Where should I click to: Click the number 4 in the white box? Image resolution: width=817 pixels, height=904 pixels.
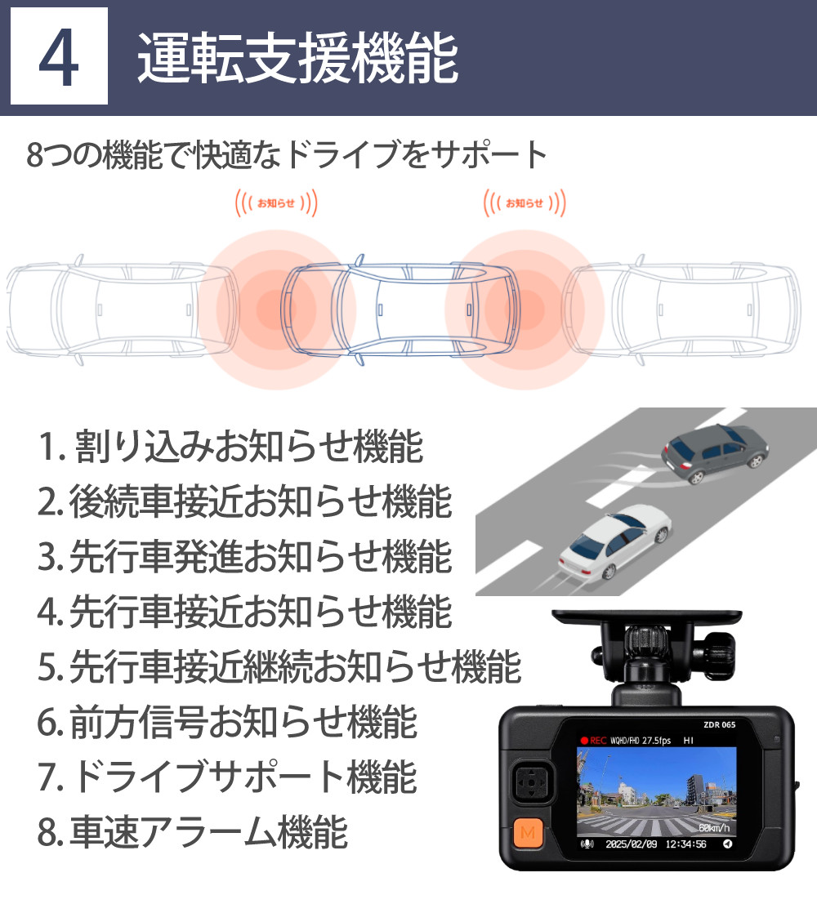(59, 57)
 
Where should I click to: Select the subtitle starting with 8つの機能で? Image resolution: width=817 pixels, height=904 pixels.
(286, 155)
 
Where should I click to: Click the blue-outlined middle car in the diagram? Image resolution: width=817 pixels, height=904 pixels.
(400, 309)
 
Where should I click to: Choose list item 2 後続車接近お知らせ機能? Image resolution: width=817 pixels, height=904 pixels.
(244, 501)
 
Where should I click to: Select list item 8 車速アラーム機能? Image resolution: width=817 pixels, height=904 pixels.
(193, 831)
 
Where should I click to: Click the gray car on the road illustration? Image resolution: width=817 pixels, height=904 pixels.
(716, 453)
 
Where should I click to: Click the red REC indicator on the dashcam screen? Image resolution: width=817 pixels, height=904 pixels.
(594, 741)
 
